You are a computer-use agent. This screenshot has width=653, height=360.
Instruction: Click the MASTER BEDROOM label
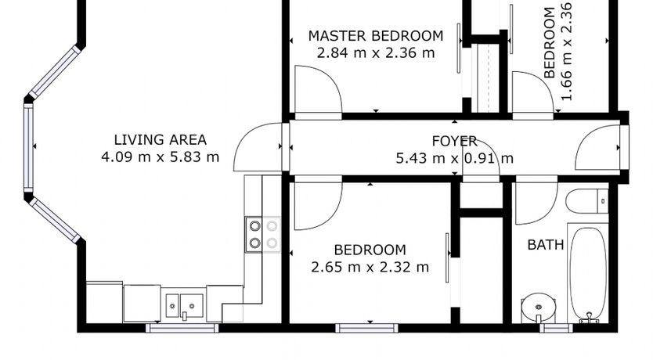point(376,36)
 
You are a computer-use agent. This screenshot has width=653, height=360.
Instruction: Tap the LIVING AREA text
point(161,139)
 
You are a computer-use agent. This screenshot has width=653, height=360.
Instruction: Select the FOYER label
point(454,141)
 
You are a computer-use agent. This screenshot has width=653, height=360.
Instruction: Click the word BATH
point(546,245)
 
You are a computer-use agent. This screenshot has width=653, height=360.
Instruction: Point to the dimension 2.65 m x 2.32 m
point(370,267)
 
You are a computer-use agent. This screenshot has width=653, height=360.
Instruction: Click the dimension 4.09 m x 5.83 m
point(161,157)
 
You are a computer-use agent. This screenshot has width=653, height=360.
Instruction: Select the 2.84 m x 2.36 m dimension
point(376,53)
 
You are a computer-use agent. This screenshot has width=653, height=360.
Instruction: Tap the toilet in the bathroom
point(586,201)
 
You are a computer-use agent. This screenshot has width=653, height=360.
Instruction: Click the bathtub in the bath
point(587,273)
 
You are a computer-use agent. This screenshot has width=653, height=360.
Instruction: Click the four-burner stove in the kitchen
point(262,234)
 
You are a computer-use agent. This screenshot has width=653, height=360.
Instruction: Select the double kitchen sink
point(184,305)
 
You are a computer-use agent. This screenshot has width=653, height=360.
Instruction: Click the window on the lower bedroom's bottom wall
point(366,329)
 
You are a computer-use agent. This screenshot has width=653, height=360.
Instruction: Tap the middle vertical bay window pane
point(28,148)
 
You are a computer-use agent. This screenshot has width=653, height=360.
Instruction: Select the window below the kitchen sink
point(182,329)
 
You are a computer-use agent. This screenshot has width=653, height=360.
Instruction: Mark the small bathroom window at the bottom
point(557,329)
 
